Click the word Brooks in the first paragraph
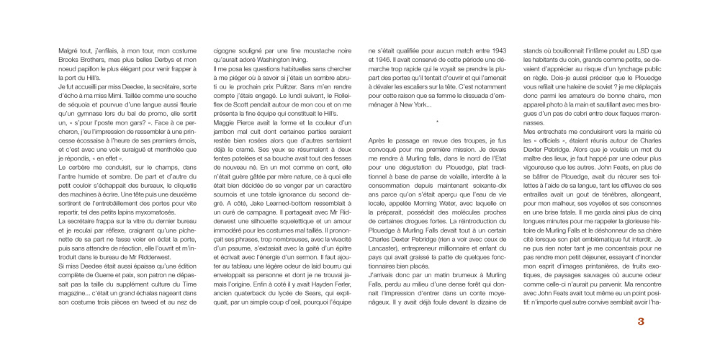pos(68,60)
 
